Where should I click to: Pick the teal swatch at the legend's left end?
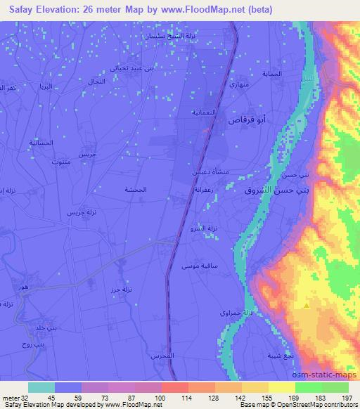[41, 387]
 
